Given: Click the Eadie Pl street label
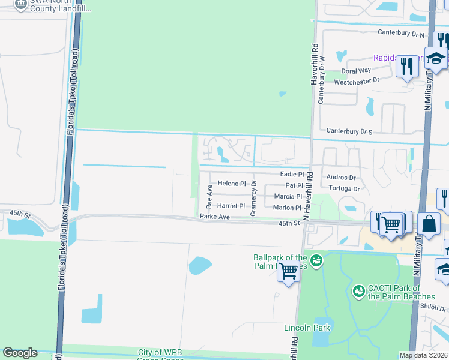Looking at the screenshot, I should pyautogui.click(x=292, y=173).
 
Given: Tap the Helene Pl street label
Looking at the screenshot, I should pyautogui.click(x=232, y=184).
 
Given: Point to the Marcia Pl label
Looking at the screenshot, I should pyautogui.click(x=288, y=196).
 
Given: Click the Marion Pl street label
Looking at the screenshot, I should pyautogui.click(x=287, y=208).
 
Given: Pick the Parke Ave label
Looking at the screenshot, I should pyautogui.click(x=215, y=217).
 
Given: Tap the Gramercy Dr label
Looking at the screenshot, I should pyautogui.click(x=253, y=199).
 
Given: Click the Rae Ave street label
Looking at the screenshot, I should pyautogui.click(x=209, y=193).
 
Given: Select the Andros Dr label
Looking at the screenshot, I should pyautogui.click(x=341, y=178).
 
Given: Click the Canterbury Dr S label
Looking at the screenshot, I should pyautogui.click(x=349, y=131).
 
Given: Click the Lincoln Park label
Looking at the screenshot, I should pyautogui.click(x=299, y=328).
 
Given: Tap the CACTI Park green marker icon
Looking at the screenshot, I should pyautogui.click(x=358, y=291).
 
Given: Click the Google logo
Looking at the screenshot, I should pyautogui.click(x=20, y=353).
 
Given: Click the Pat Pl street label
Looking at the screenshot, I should pyautogui.click(x=294, y=185).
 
